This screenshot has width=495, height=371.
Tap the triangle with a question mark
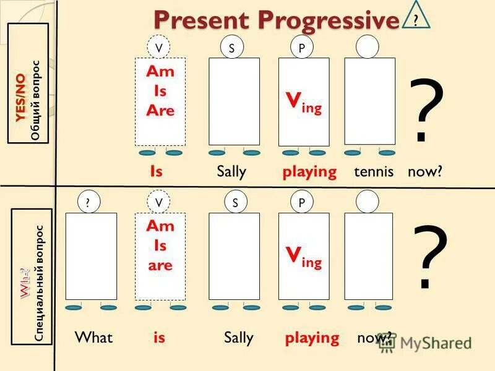pos(416,17)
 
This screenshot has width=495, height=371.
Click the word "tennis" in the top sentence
pos(374,171)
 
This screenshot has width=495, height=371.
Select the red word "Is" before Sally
pos(156,171)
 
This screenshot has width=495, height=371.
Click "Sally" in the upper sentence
pos(231,171)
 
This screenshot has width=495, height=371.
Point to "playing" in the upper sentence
pos(309,171)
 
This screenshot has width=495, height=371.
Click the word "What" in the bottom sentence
pos(93,338)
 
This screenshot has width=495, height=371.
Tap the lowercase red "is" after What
pos(159,338)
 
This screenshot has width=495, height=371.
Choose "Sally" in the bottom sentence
pos(238,338)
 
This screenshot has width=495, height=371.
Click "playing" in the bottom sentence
pos(312,338)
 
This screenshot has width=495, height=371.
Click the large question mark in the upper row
pos(426,111)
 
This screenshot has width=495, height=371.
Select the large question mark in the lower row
pos(429,257)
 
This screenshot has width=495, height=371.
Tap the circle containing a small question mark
pos(88,202)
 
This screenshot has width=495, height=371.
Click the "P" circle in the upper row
pos(301,48)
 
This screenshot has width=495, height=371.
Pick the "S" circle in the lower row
pos(235,202)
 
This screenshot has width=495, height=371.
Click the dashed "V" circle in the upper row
pos(159,48)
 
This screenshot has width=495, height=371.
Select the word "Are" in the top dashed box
pos(160,111)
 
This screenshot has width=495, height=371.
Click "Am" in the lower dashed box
pos(160,226)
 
